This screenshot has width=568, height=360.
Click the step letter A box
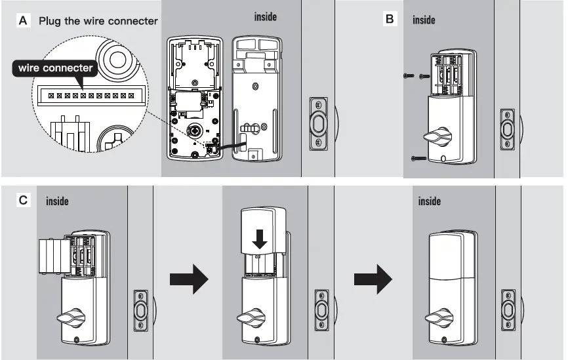(x=24, y=20)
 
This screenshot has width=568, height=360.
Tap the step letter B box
(x=390, y=19)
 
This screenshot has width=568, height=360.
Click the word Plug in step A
(x=50, y=20)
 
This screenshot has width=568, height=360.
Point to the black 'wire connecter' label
(x=56, y=68)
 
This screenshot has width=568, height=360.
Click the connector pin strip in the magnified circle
(x=91, y=96)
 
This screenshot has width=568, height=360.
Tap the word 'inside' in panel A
(x=265, y=17)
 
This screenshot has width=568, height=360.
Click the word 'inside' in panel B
(x=424, y=20)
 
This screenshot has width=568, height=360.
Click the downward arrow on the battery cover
(x=260, y=238)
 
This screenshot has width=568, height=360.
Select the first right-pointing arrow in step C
(x=188, y=280)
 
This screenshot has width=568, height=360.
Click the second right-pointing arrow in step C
(x=373, y=280)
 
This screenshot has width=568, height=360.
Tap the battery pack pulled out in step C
(x=54, y=257)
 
